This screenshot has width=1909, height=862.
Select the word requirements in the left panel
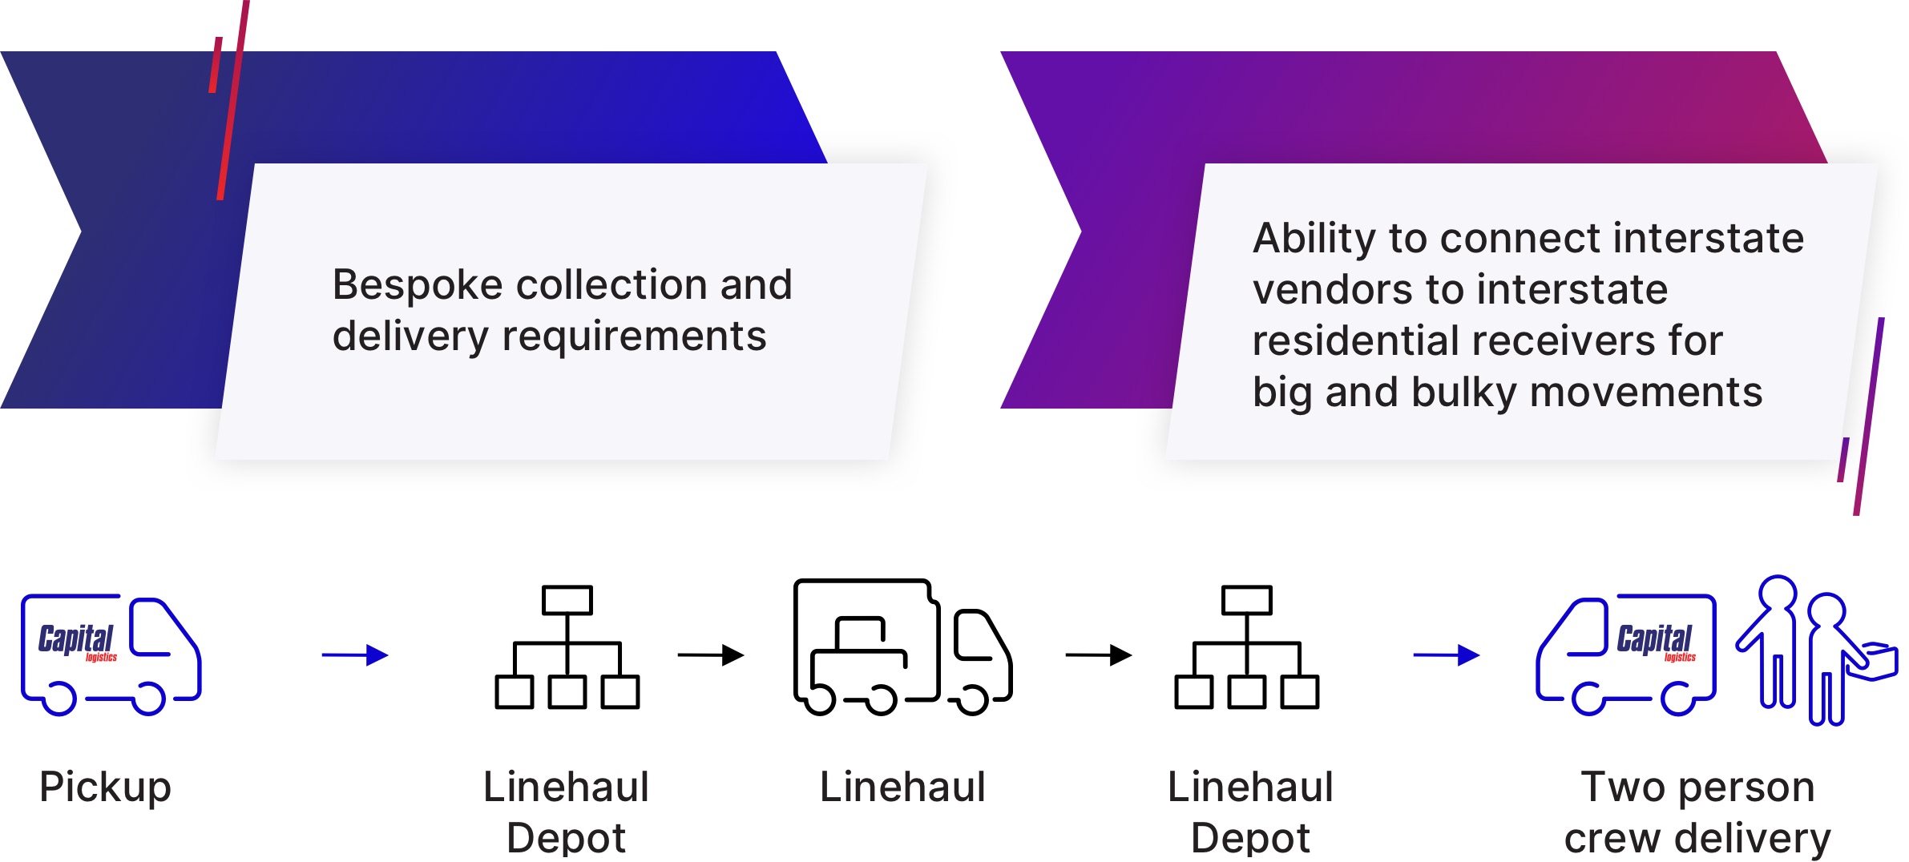pos(634,337)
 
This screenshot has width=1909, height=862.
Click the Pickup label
pos(105,787)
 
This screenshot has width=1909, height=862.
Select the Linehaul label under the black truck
pos(902,787)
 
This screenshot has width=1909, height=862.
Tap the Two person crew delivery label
pos(1697,812)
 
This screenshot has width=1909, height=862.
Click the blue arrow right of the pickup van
pos(355,655)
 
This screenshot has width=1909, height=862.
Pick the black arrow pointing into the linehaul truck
pos(711,655)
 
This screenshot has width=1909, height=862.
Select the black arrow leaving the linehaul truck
pos(1098,655)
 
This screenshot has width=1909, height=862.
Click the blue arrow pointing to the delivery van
pos(1446,655)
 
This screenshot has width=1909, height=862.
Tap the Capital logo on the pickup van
pos(77,641)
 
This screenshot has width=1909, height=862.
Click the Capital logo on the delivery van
pos(1655,641)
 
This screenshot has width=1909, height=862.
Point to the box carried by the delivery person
pos(1879,661)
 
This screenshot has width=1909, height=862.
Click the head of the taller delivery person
pos(1778,594)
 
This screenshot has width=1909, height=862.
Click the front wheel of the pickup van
pos(148,699)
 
